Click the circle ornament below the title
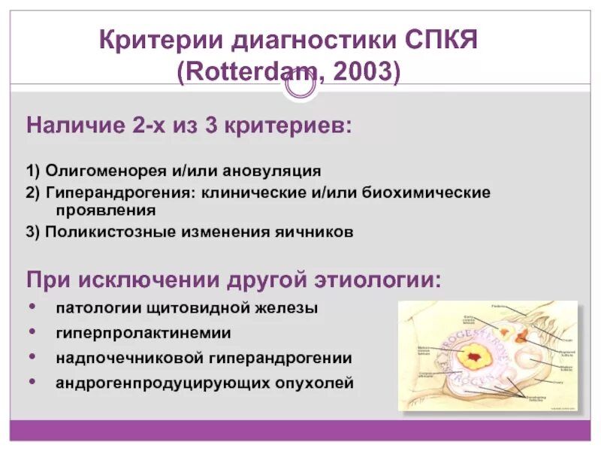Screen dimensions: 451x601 [300, 87]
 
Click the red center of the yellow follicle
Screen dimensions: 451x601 [474, 355]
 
